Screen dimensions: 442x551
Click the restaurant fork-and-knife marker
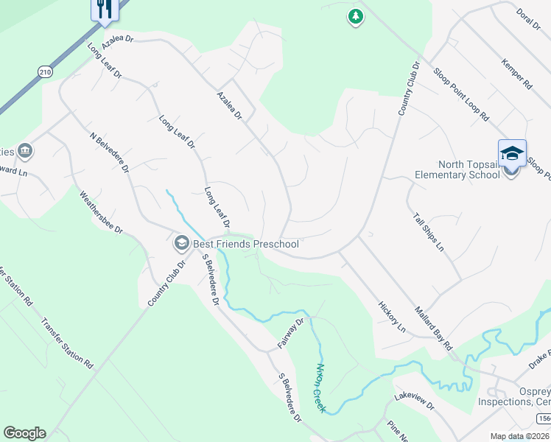[x=104, y=8]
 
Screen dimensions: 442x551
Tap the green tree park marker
[x=356, y=16]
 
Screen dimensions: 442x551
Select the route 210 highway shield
[x=46, y=71]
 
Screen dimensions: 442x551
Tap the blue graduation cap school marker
[x=512, y=153]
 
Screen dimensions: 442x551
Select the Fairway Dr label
[x=291, y=332]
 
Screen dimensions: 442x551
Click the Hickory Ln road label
[x=392, y=315]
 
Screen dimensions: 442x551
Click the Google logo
[x=24, y=433]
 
